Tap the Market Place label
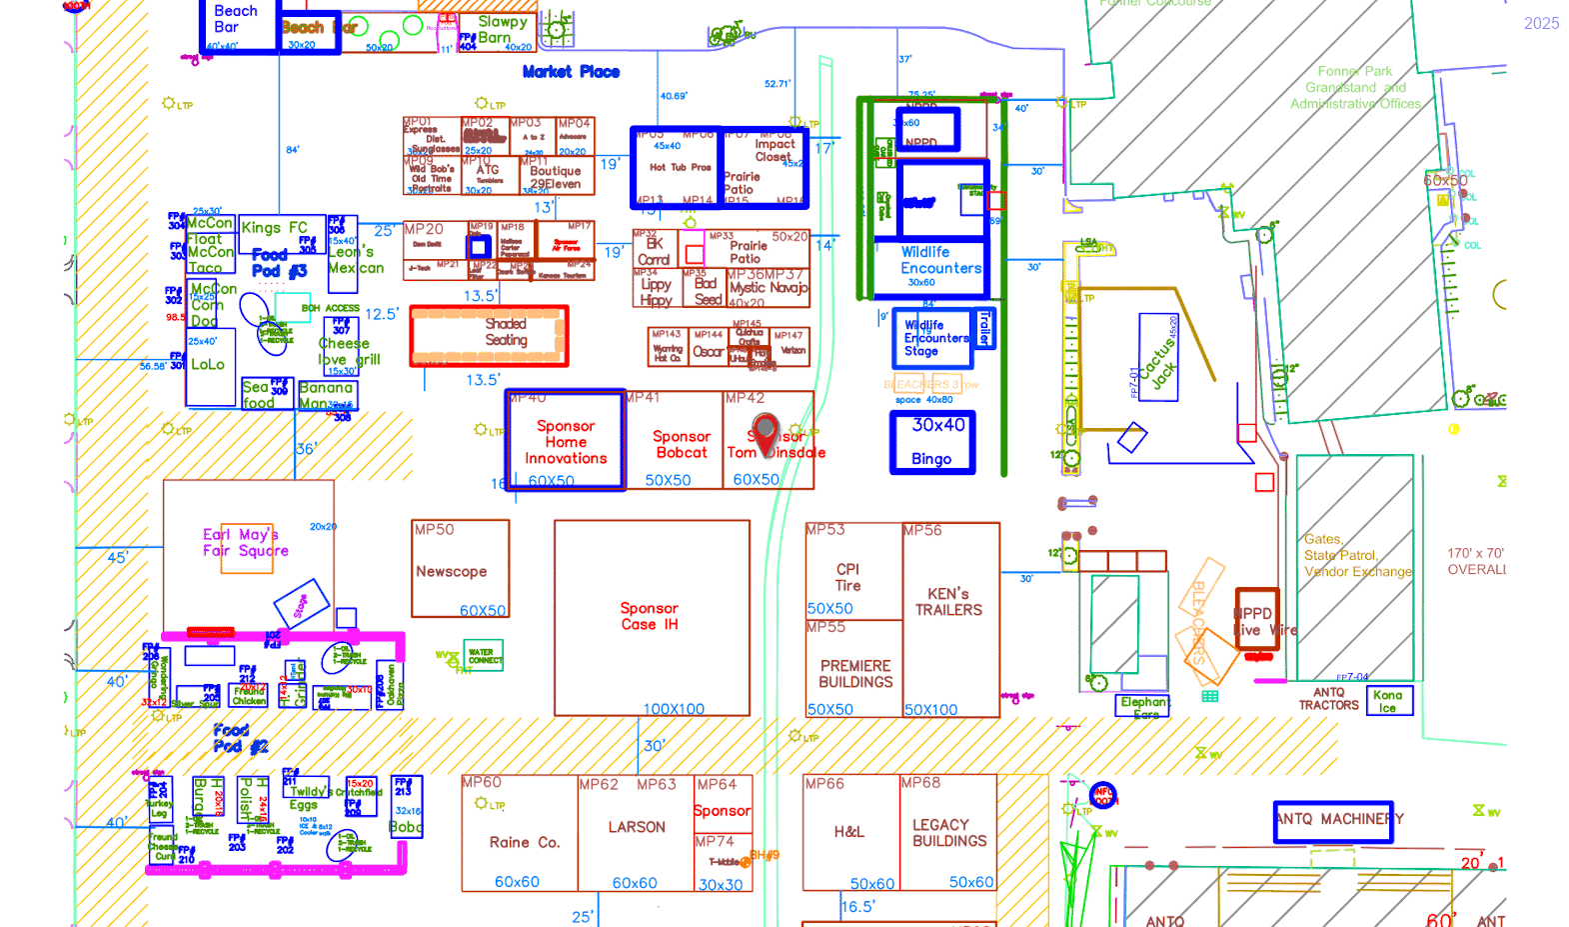pyautogui.click(x=571, y=72)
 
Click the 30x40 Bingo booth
pyautogui.click(x=932, y=442)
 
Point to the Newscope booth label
pyautogui.click(x=452, y=572)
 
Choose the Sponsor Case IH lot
pyautogui.click(x=651, y=617)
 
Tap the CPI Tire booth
pyautogui.click(x=848, y=577)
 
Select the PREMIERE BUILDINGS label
pyautogui.click(x=855, y=674)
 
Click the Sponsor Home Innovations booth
pyautogui.click(x=566, y=441)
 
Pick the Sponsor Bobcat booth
pyautogui.click(x=682, y=444)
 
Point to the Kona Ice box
pyautogui.click(x=1389, y=700)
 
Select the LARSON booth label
pyautogui.click(x=637, y=828)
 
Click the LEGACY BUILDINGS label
pyautogui.click(x=949, y=833)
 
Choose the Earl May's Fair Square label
pyautogui.click(x=246, y=543)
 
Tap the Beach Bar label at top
pyautogui.click(x=236, y=19)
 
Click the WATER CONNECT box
pyautogui.click(x=484, y=656)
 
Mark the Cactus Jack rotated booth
pyautogui.click(x=1159, y=358)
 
